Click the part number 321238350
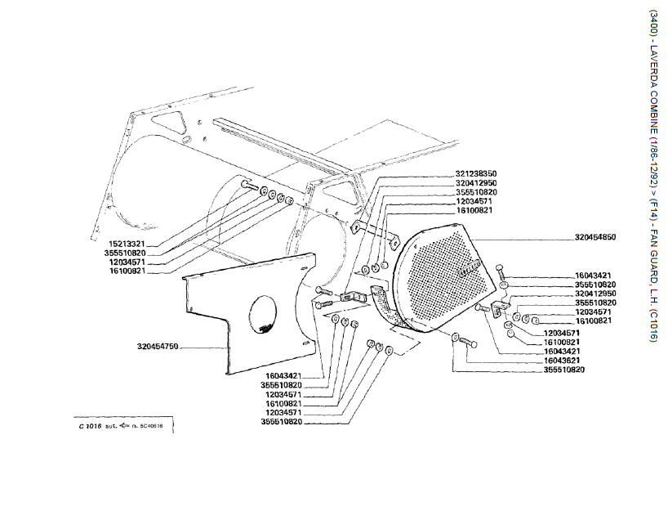pos(476,174)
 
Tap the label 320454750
pos(158,347)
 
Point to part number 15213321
pos(126,244)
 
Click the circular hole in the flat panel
pos(261,316)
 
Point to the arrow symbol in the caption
pos(123,426)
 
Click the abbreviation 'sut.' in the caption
pos(108,427)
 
